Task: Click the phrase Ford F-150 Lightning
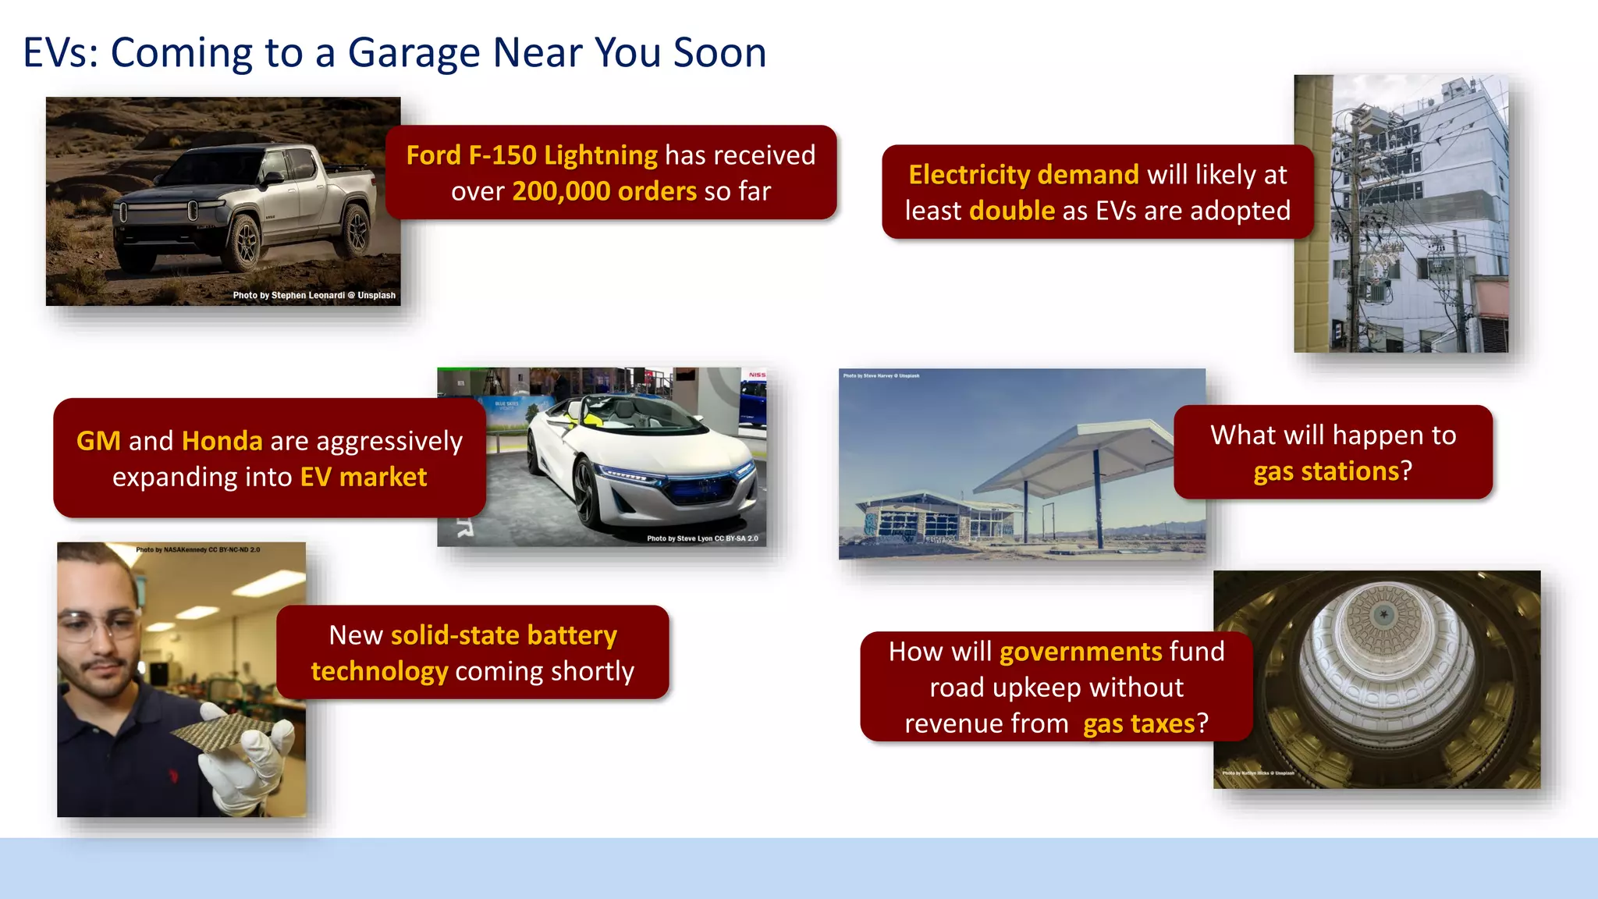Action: point(531,155)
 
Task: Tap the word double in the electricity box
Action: point(1012,211)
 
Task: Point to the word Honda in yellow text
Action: point(222,441)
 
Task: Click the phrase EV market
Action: point(364,477)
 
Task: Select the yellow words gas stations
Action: point(1326,471)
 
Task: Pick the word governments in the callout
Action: point(1081,652)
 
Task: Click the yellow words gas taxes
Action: point(1138,724)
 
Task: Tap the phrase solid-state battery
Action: point(503,635)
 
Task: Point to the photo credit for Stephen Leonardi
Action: point(314,296)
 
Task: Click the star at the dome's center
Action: point(1383,614)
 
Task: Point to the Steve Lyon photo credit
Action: point(701,538)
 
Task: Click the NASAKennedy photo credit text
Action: point(198,550)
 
